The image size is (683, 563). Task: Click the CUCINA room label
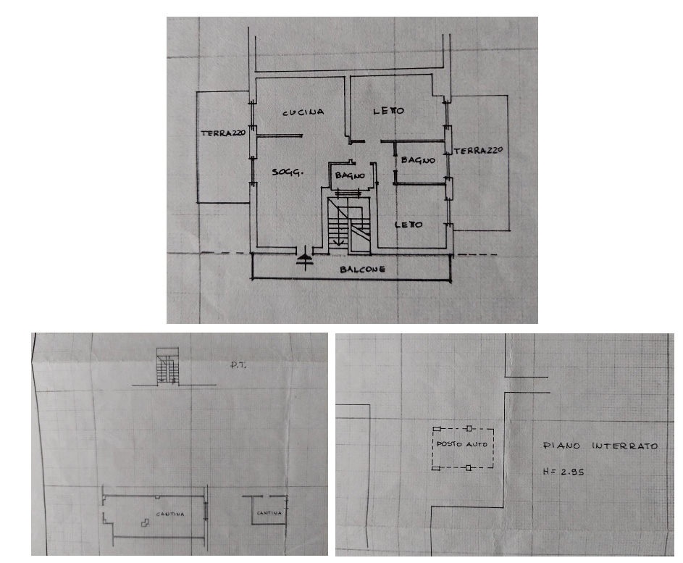pyautogui.click(x=303, y=112)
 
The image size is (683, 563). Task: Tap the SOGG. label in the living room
pyautogui.click(x=288, y=172)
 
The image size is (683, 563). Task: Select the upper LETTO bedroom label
pyautogui.click(x=388, y=111)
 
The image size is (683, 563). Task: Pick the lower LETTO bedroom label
pyautogui.click(x=408, y=225)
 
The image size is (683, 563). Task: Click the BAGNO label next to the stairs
pyautogui.click(x=350, y=175)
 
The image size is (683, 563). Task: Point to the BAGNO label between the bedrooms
pyautogui.click(x=418, y=160)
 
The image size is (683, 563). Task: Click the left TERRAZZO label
pyautogui.click(x=223, y=133)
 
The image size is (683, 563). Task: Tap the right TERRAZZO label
pyautogui.click(x=478, y=151)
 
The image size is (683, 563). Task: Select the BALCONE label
pyautogui.click(x=362, y=270)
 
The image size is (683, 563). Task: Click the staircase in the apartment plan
pyautogui.click(x=349, y=225)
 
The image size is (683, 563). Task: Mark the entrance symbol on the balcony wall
pyautogui.click(x=304, y=257)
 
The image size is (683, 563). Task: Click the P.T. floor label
pyautogui.click(x=238, y=365)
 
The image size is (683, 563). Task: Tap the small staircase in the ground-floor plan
pyautogui.click(x=168, y=366)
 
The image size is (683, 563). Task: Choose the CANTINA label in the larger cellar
pyautogui.click(x=170, y=514)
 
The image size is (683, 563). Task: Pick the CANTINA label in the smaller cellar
pyautogui.click(x=269, y=513)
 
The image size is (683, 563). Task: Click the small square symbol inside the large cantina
pyautogui.click(x=145, y=523)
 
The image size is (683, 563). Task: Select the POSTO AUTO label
pyautogui.click(x=461, y=444)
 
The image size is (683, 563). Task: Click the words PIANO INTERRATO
pyautogui.click(x=600, y=446)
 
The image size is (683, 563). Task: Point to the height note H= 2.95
pyautogui.click(x=563, y=472)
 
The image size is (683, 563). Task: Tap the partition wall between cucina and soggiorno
pyautogui.click(x=279, y=136)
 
